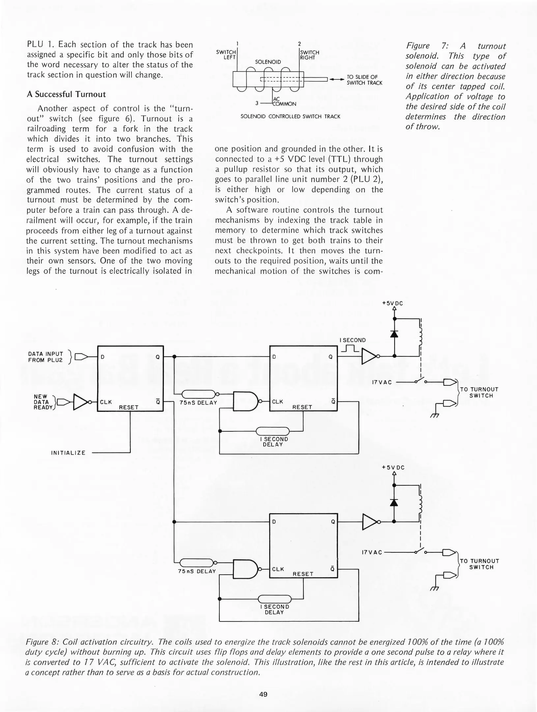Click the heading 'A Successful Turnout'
point(66,94)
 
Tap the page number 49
point(263,694)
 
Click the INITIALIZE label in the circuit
point(68,453)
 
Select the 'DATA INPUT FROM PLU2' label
point(45,357)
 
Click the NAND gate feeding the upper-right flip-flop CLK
point(245,401)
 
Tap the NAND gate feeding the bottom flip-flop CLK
point(245,569)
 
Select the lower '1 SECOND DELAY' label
point(274,609)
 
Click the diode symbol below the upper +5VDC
point(394,334)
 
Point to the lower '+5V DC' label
point(393,467)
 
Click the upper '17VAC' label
point(382,382)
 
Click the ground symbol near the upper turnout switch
point(435,416)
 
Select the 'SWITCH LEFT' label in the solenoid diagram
point(226,54)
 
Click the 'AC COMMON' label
point(284,102)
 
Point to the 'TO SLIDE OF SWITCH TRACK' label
point(364,80)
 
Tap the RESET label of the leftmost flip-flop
point(129,407)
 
